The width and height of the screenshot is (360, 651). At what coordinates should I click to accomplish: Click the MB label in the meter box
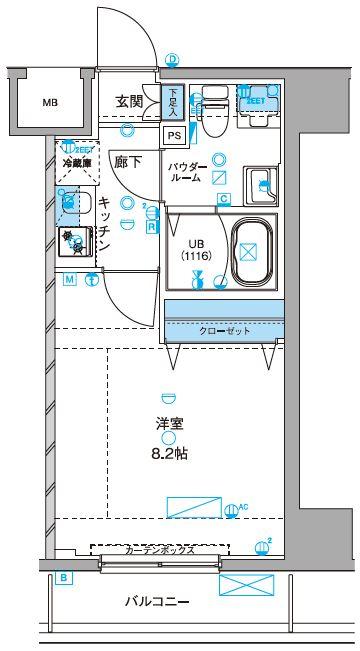(x=49, y=102)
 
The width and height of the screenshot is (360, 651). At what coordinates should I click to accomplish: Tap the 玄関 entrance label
(x=129, y=102)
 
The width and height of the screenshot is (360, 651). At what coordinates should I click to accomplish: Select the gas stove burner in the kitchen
(x=72, y=241)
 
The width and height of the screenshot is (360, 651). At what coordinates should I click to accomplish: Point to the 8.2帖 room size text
(x=169, y=453)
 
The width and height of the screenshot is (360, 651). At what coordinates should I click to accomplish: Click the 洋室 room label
(x=168, y=423)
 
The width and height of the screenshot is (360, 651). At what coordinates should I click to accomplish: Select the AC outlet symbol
(x=232, y=509)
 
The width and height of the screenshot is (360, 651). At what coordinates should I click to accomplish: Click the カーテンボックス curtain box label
(x=160, y=550)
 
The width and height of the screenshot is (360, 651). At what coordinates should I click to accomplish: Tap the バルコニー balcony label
(x=157, y=602)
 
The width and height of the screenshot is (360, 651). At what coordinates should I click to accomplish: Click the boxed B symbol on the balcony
(x=63, y=578)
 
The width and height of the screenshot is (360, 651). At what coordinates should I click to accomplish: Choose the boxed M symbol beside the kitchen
(x=69, y=281)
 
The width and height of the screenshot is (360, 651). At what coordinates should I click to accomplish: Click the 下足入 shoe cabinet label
(x=173, y=101)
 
